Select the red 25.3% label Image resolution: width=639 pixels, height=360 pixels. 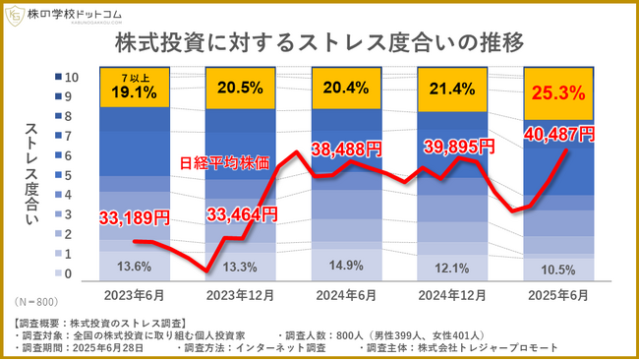click(x=557, y=95)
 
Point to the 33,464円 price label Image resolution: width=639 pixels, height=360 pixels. click(x=242, y=211)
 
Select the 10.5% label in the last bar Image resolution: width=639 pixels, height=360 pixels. click(x=557, y=269)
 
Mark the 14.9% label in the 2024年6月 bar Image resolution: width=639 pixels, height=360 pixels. click(x=345, y=265)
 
